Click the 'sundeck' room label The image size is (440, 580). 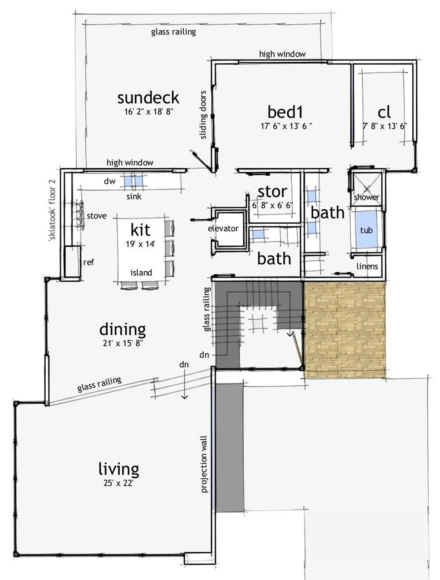(148, 98)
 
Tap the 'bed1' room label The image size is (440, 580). (285, 112)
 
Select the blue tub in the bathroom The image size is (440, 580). (366, 229)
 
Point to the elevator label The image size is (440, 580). (223, 229)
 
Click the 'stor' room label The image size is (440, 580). (272, 192)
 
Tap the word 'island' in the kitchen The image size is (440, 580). (141, 273)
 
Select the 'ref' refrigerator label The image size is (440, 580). (88, 262)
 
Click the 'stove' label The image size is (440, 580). (96, 216)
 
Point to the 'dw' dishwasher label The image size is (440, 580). (110, 181)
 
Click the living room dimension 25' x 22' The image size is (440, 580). (118, 483)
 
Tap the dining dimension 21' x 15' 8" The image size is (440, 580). (122, 343)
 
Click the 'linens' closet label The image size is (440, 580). (367, 266)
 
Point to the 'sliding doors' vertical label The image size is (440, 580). (203, 115)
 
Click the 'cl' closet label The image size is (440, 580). (384, 112)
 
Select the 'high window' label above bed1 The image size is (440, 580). (282, 54)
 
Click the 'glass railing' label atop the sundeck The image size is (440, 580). (173, 32)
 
